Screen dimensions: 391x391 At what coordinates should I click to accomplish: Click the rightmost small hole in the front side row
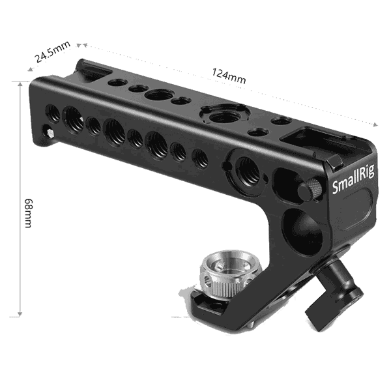[201, 158]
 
